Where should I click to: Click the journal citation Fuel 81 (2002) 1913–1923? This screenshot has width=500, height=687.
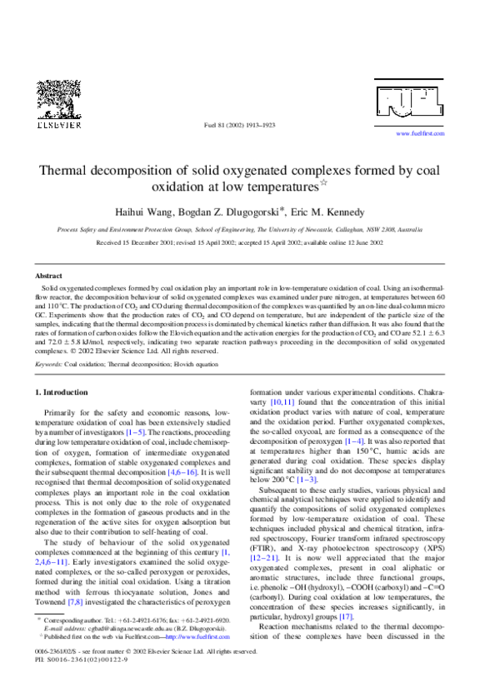click(239, 126)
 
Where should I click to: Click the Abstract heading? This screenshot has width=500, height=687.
click(48, 275)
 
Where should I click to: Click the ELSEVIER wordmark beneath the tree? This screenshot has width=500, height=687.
click(56, 126)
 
